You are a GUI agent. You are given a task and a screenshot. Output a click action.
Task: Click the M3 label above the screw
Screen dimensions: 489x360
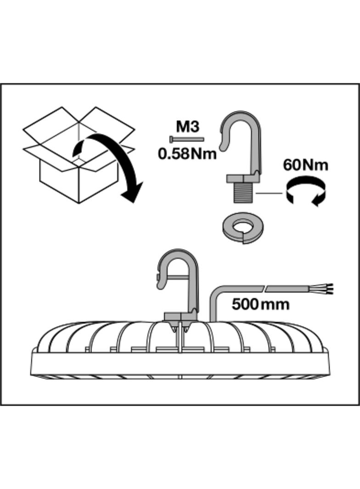tap(187, 126)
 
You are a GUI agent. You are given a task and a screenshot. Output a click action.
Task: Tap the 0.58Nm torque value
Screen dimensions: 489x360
tap(187, 153)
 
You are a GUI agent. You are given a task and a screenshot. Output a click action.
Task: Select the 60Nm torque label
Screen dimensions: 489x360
tap(305, 165)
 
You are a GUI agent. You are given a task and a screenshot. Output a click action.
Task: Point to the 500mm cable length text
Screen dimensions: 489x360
tap(260, 304)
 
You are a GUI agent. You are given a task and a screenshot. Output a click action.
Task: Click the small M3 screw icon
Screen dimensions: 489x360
tap(186, 139)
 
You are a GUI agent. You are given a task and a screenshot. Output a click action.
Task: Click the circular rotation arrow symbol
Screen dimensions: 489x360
tap(305, 193)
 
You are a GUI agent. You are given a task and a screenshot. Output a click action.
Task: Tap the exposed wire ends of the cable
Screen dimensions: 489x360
tap(328, 289)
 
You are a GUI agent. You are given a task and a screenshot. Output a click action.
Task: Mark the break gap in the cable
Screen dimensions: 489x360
tap(265, 289)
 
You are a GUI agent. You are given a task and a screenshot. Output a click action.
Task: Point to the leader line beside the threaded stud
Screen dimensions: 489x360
tap(269, 193)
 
